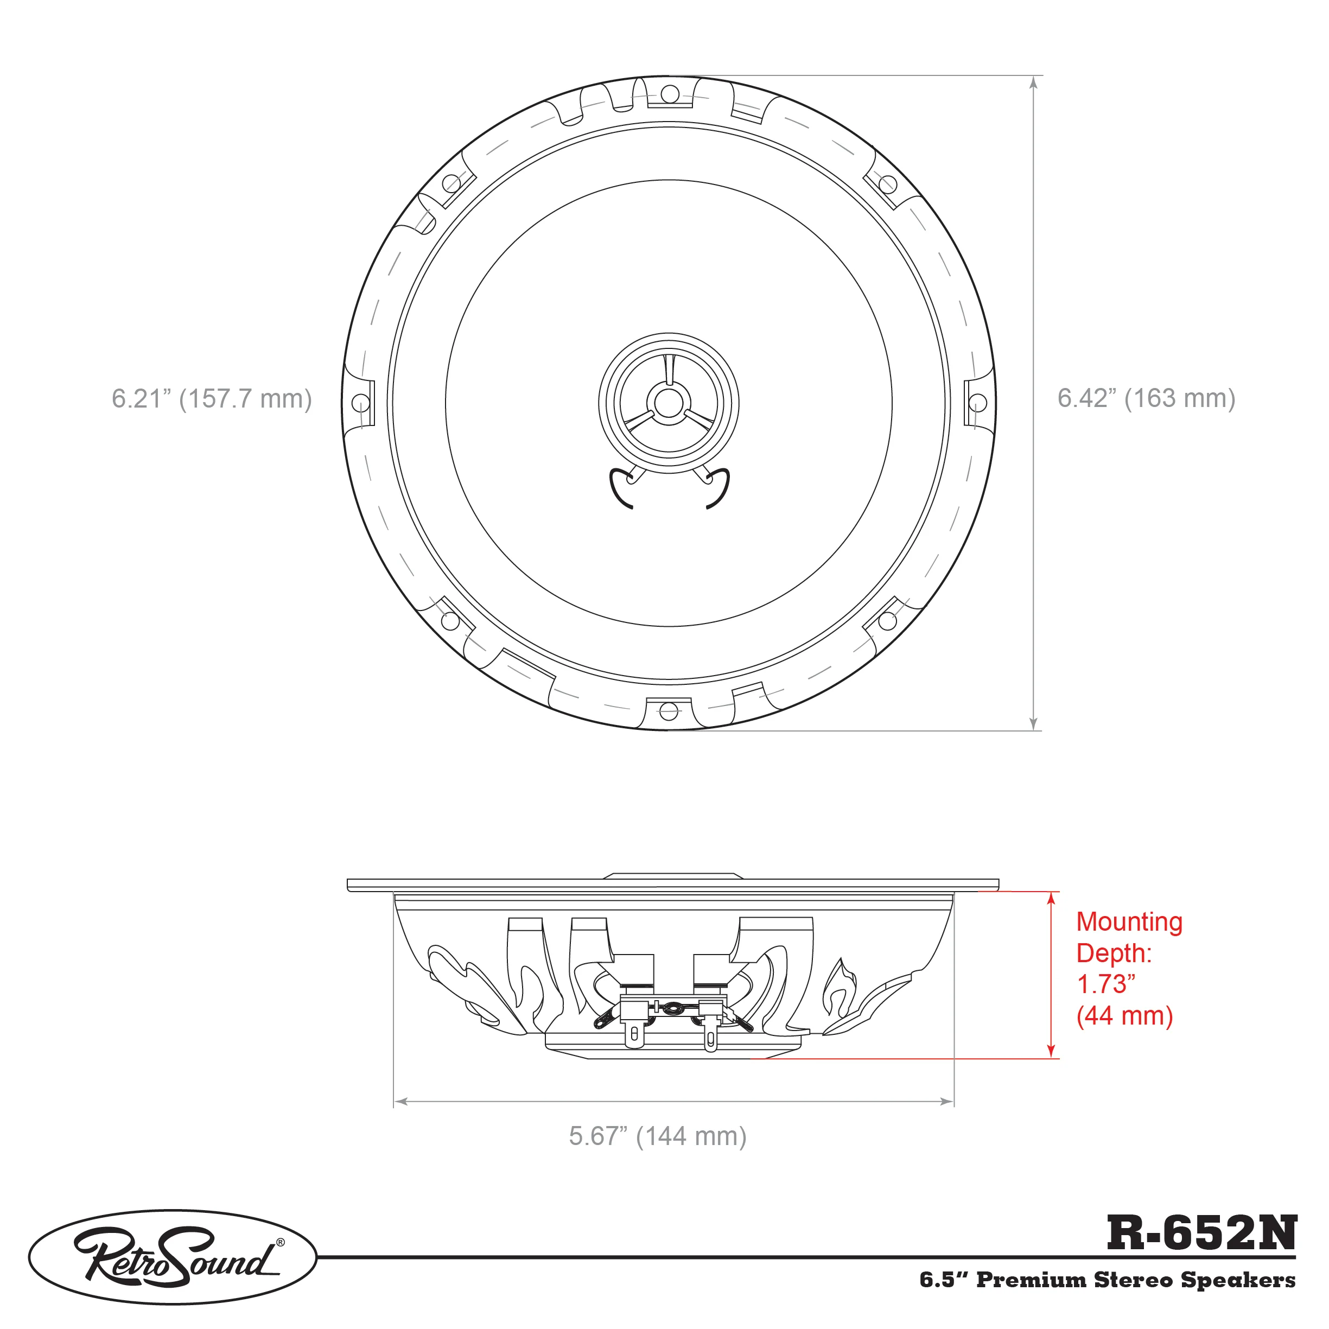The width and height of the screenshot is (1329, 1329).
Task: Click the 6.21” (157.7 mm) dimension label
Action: tap(212, 399)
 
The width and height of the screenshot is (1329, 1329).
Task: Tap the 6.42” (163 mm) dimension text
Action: tap(1146, 398)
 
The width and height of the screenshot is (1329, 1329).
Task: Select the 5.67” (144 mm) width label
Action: tap(658, 1136)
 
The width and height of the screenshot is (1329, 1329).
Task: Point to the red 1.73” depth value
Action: tap(1105, 984)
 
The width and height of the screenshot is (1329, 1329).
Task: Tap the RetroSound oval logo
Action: tap(173, 1257)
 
